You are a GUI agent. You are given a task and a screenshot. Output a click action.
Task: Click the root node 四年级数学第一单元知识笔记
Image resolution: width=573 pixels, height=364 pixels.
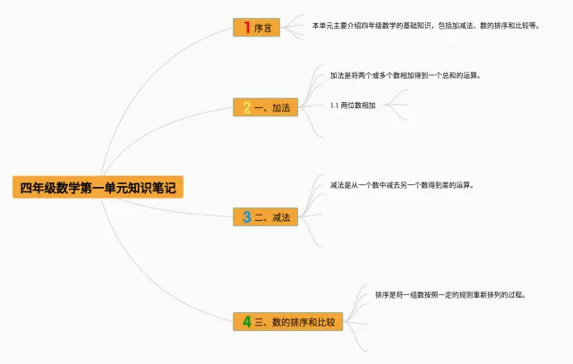tap(98, 188)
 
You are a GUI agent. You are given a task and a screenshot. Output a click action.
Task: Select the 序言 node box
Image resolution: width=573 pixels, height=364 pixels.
tap(256, 28)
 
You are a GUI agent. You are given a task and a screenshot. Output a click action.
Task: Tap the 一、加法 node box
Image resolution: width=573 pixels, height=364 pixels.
tap(265, 107)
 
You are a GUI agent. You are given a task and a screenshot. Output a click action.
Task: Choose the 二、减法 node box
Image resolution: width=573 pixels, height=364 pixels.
tap(265, 216)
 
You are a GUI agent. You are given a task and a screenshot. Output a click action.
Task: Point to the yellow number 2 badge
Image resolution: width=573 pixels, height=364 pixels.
tap(246, 107)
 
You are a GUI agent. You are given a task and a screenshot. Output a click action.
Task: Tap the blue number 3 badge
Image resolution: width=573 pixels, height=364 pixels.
tap(246, 216)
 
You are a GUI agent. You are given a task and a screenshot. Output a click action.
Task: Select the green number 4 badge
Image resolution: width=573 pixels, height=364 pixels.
tap(246, 321)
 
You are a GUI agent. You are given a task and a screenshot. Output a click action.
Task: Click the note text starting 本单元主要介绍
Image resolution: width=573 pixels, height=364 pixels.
tap(425, 26)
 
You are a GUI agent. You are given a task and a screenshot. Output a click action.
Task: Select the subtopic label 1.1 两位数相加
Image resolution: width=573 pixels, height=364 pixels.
tap(353, 105)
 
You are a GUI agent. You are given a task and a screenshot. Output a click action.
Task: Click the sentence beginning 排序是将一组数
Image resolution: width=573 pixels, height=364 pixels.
tap(449, 294)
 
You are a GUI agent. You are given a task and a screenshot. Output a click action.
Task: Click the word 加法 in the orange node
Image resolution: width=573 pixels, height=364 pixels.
tap(281, 107)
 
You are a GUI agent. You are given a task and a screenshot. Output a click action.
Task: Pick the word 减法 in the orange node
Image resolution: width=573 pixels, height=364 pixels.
tap(281, 216)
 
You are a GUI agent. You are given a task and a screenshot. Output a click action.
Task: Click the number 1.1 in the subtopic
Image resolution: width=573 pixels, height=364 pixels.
tap(334, 105)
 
